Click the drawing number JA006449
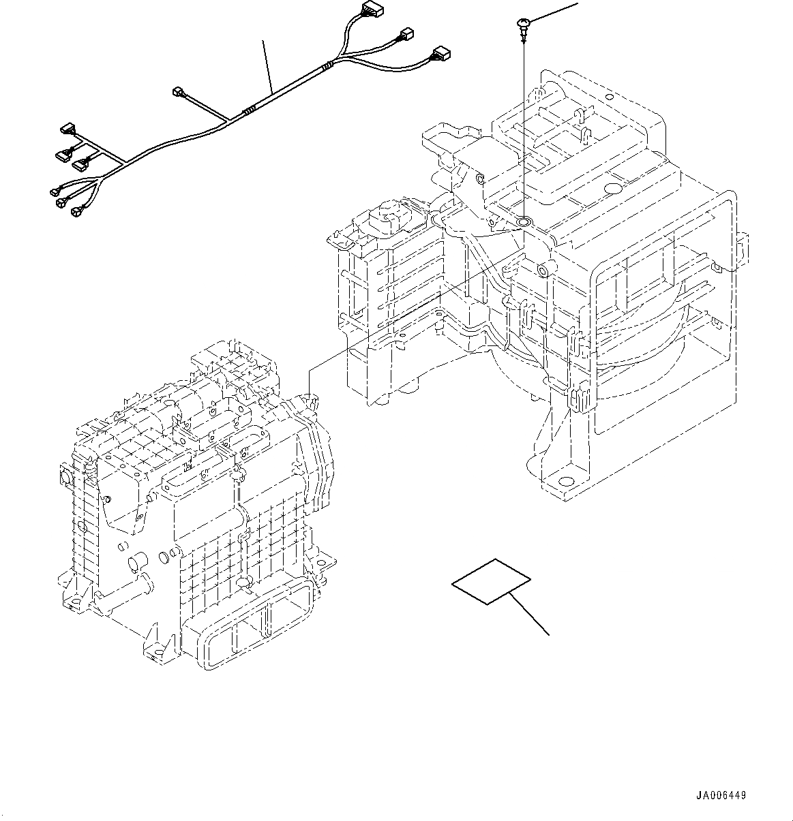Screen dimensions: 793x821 pyautogui.click(x=721, y=796)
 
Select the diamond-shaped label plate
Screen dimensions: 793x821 pyautogui.click(x=491, y=581)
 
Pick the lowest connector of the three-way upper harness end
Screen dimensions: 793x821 pyautogui.click(x=440, y=52)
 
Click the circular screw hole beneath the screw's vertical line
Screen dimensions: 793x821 pyautogui.click(x=524, y=222)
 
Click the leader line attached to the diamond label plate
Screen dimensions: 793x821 pyautogui.click(x=530, y=614)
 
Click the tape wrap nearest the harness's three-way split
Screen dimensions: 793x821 pyautogui.click(x=329, y=66)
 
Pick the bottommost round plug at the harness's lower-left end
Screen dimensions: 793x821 pyautogui.click(x=76, y=213)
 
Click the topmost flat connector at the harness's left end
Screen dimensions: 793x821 pyautogui.click(x=68, y=127)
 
